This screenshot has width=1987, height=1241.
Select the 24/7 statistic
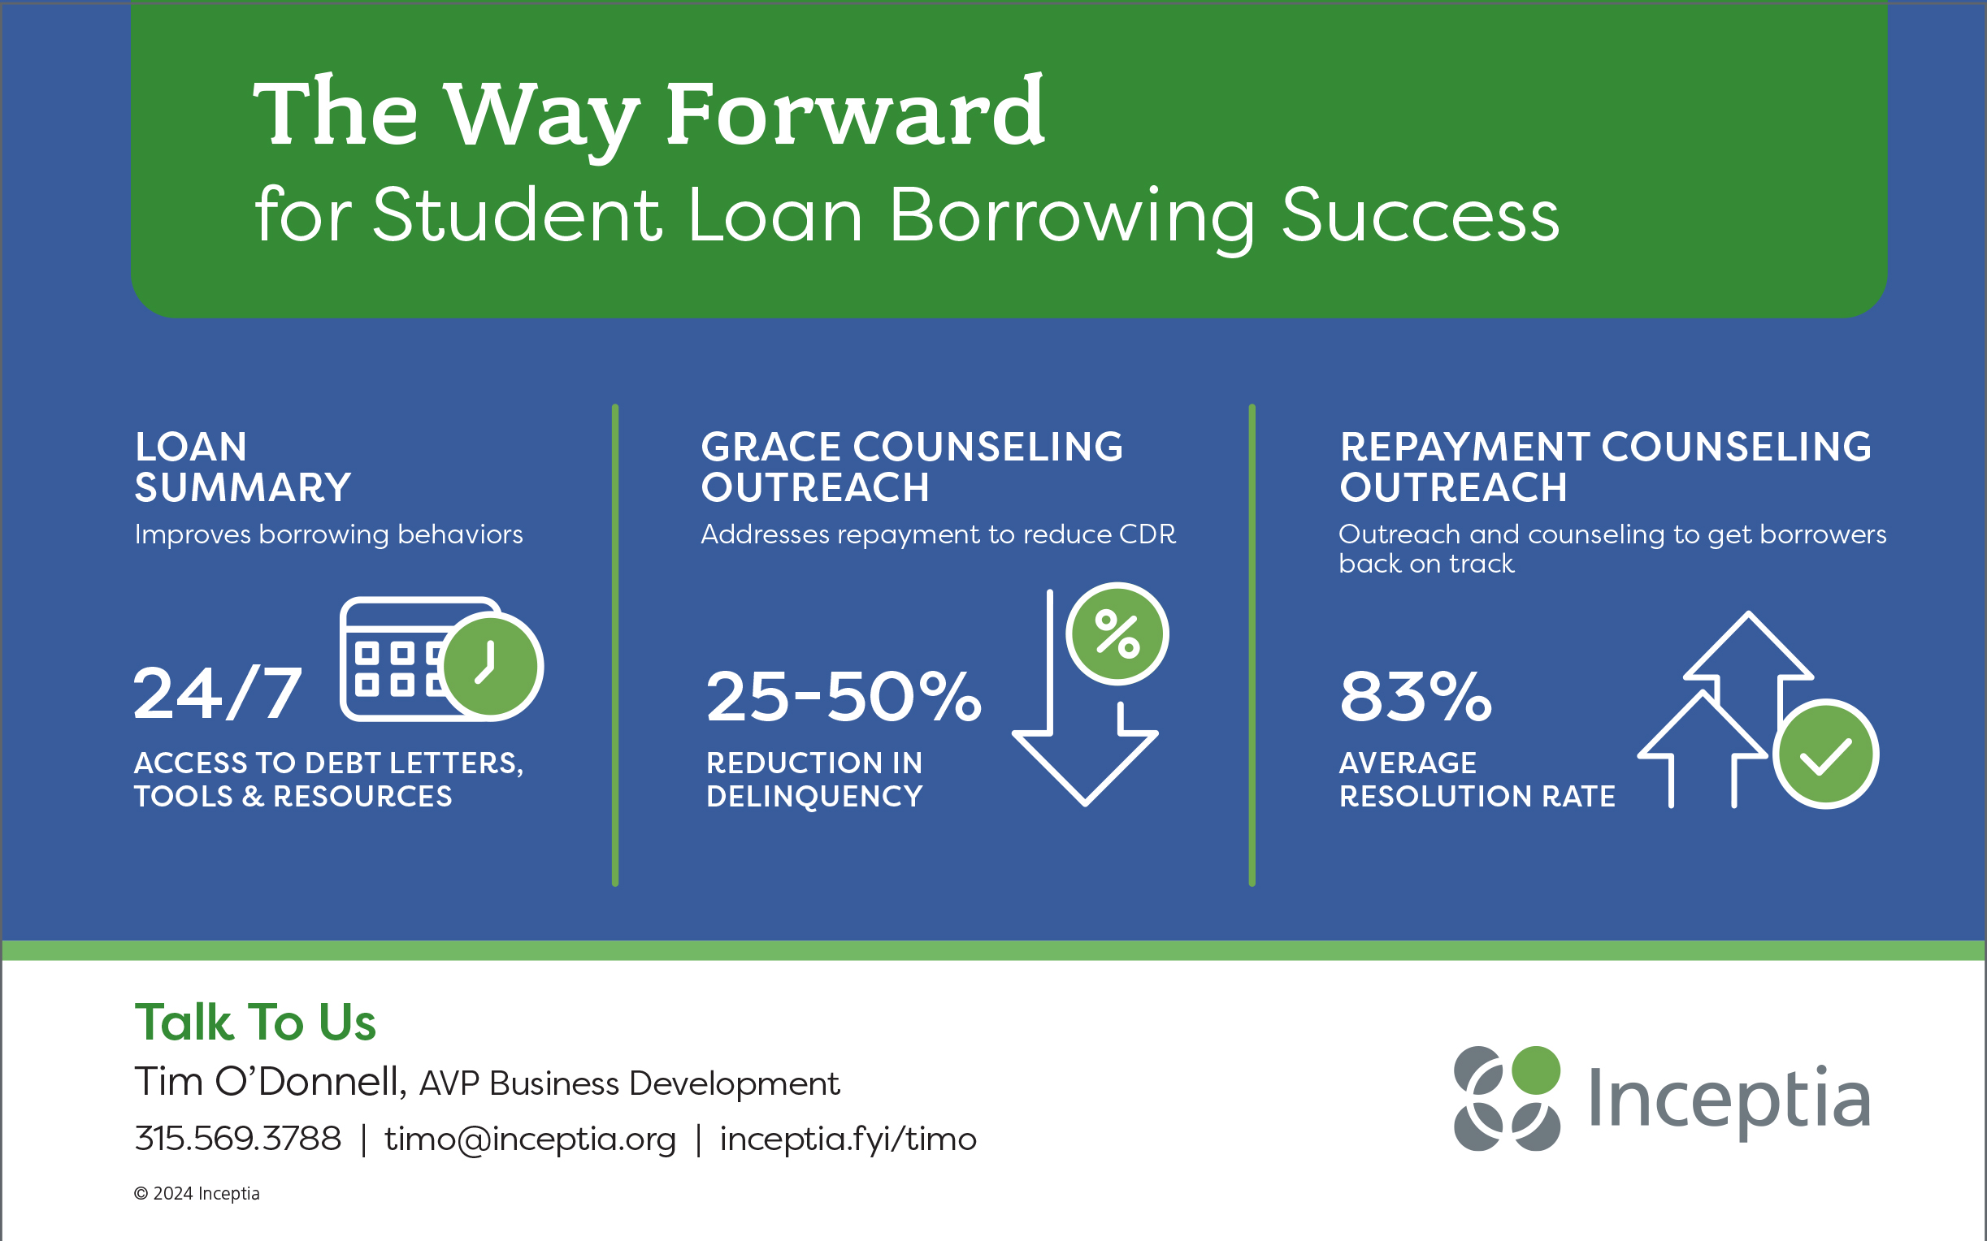pyautogui.click(x=218, y=694)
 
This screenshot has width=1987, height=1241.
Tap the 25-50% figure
pyautogui.click(x=844, y=696)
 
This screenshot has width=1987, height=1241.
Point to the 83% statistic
pyautogui.click(x=1416, y=696)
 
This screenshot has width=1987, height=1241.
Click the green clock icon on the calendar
pyautogui.click(x=492, y=666)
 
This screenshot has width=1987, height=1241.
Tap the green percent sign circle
pyautogui.click(x=1117, y=633)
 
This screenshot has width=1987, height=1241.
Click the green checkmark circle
pyautogui.click(x=1825, y=755)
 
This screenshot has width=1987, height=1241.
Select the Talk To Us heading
pyautogui.click(x=255, y=1023)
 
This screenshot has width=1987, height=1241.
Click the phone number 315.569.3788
pyautogui.click(x=238, y=1139)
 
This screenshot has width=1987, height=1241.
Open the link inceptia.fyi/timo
pyautogui.click(x=848, y=1139)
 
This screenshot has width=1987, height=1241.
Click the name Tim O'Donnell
pyautogui.click(x=271, y=1081)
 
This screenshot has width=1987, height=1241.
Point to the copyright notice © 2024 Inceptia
pyautogui.click(x=197, y=1193)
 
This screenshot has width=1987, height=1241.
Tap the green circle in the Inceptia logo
pyautogui.click(x=1535, y=1070)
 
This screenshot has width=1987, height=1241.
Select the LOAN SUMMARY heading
pyautogui.click(x=243, y=467)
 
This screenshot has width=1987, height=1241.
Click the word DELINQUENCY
pyautogui.click(x=814, y=796)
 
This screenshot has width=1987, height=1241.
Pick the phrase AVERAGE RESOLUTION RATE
pyautogui.click(x=1477, y=779)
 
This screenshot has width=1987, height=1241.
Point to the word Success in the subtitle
pyautogui.click(x=1420, y=215)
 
